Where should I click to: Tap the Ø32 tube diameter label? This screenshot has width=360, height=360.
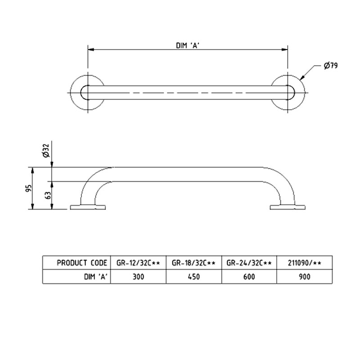45,152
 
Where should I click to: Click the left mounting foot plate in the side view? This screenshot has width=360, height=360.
88,207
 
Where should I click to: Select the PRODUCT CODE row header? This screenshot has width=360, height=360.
82,262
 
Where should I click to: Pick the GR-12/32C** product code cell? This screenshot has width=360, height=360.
138,262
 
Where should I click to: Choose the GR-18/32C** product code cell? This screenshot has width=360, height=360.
194,262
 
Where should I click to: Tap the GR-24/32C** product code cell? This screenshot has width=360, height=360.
249,262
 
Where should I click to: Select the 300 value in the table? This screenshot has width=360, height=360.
138,277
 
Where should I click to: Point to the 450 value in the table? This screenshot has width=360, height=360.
194,277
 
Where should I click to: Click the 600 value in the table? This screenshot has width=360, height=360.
249,277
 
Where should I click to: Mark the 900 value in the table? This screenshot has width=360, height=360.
303,277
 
